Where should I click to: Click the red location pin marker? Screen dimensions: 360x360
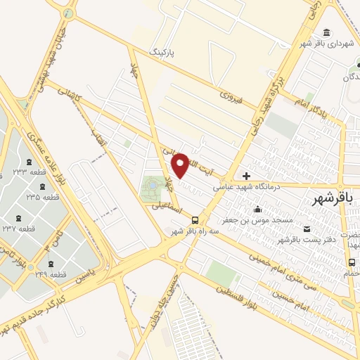[x=181, y=165]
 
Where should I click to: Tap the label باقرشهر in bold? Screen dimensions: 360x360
[x=335, y=199]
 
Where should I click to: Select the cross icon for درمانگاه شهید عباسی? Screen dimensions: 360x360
[x=245, y=176]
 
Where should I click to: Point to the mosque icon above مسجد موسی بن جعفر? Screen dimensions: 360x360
[x=257, y=209]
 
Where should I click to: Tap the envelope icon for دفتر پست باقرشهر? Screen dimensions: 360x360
[x=307, y=229]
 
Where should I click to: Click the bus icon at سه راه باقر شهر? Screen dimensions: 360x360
[x=195, y=219]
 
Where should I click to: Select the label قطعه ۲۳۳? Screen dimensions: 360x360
[x=29, y=171]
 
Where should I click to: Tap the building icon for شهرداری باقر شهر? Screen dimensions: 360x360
[x=327, y=33]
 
